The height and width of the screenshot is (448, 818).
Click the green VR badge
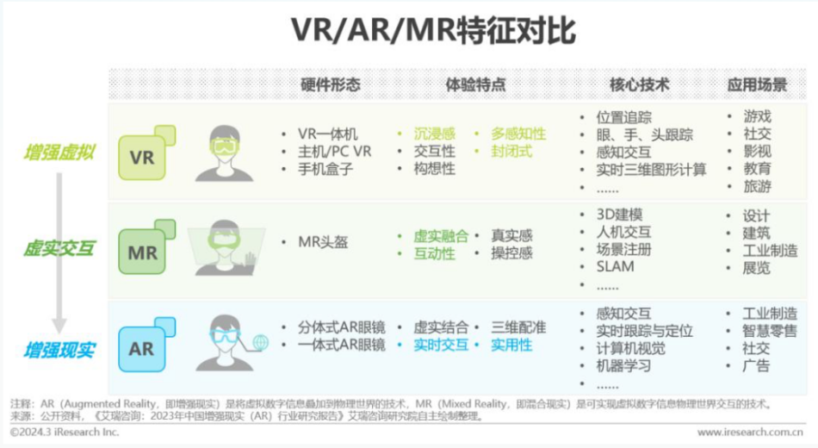tap(146, 152)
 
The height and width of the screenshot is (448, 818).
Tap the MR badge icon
tap(146, 247)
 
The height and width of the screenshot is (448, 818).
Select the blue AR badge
tap(146, 345)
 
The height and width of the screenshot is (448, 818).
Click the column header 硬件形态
tap(331, 84)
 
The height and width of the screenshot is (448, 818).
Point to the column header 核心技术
tap(640, 84)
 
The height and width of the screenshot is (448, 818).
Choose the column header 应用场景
tap(757, 84)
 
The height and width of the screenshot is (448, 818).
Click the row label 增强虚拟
tap(59, 152)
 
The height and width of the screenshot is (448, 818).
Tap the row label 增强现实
tap(59, 351)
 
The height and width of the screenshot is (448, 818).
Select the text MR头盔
tap(323, 242)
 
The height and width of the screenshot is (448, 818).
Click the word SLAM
tap(616, 267)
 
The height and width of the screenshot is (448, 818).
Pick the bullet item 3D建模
tap(619, 215)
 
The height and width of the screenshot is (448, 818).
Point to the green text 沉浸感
tap(435, 134)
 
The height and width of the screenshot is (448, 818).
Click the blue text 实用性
tap(511, 345)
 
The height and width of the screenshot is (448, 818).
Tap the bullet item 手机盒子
tap(325, 169)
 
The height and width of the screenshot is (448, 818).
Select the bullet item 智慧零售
tap(770, 331)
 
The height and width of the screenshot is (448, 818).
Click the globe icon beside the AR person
tap(260, 343)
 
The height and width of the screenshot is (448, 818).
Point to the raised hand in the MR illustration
tap(251, 259)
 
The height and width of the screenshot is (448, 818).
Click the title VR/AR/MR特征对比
tap(433, 30)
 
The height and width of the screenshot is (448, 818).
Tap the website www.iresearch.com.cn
tap(750, 432)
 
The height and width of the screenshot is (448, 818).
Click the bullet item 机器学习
tap(623, 366)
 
